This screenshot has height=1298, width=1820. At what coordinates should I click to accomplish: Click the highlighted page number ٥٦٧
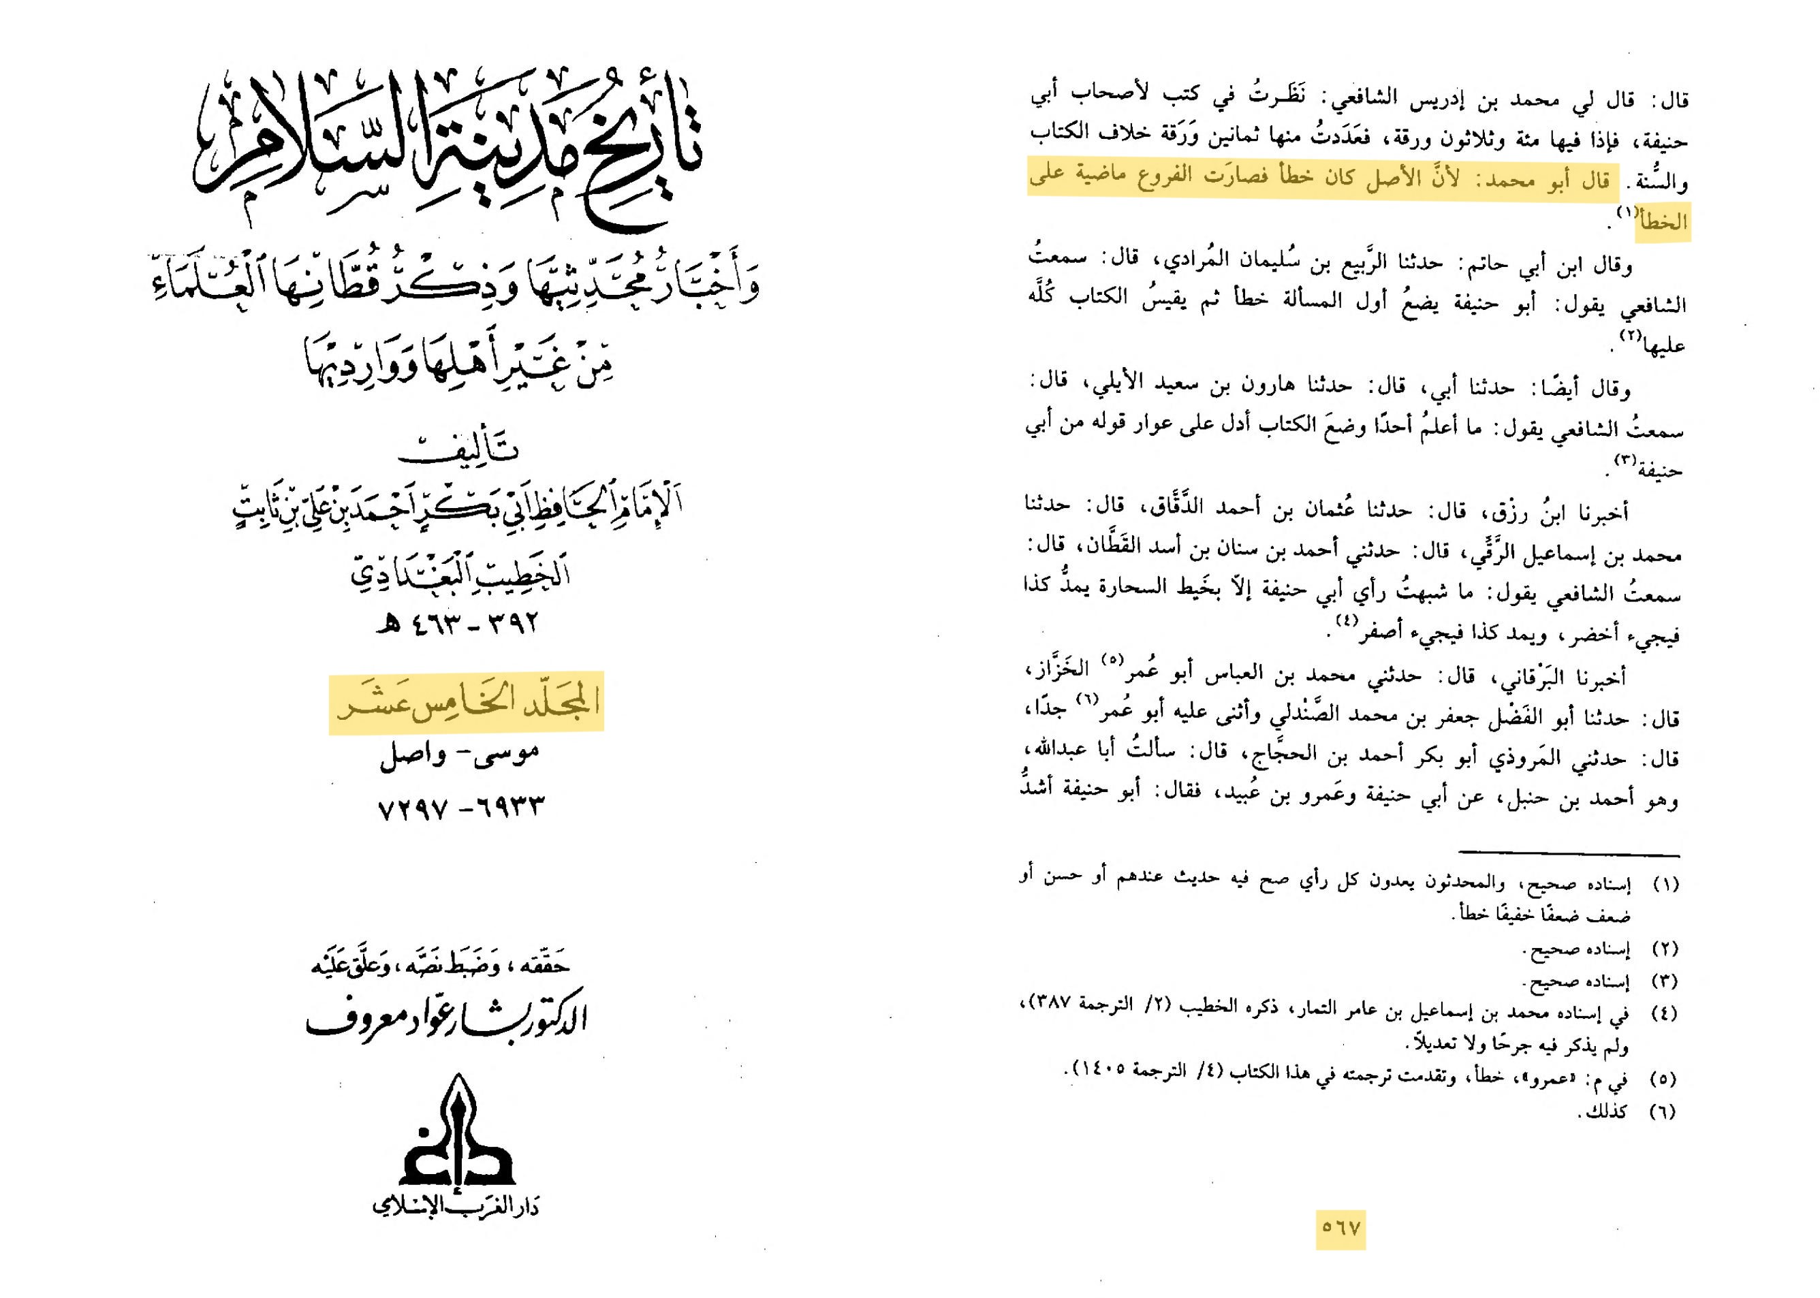tap(1340, 1229)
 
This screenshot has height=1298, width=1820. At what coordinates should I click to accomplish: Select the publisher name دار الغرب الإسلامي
tap(456, 1205)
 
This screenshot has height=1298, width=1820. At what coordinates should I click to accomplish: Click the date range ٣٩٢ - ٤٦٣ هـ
tap(458, 622)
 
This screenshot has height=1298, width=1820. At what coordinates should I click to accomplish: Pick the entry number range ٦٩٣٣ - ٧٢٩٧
tap(460, 806)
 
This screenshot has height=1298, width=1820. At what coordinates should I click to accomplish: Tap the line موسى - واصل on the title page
tap(459, 754)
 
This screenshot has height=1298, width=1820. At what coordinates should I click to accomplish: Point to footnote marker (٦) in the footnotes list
tap(1662, 1112)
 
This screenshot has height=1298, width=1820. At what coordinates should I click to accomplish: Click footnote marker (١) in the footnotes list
tap(1662, 885)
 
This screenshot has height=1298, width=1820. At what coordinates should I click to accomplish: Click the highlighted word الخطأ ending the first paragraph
tap(1663, 222)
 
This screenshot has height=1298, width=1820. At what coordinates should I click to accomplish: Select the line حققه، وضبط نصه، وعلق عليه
tap(441, 966)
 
